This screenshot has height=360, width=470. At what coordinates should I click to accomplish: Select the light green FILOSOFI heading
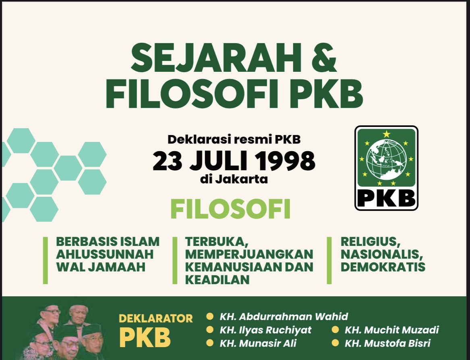click(230, 209)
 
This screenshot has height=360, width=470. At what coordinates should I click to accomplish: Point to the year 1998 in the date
click(286, 161)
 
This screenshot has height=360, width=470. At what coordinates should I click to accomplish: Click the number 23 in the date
click(167, 161)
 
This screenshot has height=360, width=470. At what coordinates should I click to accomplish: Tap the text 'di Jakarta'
click(234, 179)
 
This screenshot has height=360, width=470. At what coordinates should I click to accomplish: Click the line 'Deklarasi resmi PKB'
click(234, 139)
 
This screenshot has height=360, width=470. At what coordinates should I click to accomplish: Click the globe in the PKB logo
click(386, 159)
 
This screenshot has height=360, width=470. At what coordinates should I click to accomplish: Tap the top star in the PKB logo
click(386, 134)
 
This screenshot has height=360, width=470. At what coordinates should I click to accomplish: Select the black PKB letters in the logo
click(386, 198)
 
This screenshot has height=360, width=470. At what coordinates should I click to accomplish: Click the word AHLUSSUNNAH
click(105, 254)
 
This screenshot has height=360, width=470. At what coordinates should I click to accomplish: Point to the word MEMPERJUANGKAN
click(249, 254)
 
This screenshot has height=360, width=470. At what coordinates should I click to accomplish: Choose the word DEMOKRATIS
click(383, 267)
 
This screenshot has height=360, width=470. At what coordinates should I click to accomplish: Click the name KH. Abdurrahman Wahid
click(284, 317)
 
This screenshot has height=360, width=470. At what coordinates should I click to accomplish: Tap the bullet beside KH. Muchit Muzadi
click(335, 330)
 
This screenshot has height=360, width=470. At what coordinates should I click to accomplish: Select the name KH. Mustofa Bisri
click(387, 343)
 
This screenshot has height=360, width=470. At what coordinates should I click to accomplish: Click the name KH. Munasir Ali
click(258, 343)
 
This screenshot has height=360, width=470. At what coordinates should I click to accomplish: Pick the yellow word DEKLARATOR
click(156, 318)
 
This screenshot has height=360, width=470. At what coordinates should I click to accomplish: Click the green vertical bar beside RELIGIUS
click(329, 260)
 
